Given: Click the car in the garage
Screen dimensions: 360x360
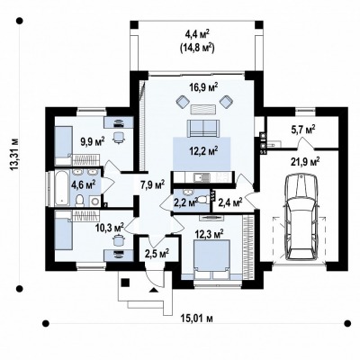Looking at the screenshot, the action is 301,218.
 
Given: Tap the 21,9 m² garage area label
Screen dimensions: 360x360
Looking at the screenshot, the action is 304,162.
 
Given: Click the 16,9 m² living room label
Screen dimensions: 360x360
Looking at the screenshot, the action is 203,87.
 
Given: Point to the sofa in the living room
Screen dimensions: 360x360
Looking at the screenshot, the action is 203,128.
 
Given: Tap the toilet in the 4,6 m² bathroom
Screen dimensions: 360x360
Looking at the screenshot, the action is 80,201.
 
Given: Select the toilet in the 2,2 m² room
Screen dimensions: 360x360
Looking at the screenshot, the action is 203,199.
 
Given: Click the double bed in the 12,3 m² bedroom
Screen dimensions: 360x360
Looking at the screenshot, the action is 212,259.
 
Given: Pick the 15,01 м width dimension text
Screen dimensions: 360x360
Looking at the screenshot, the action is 197,319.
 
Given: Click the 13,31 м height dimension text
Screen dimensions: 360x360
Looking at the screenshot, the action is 14,155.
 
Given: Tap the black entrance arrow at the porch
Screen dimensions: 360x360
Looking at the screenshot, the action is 154,290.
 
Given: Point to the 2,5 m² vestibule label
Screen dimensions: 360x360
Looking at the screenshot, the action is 157,254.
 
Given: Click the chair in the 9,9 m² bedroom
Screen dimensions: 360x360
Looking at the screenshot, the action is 119,138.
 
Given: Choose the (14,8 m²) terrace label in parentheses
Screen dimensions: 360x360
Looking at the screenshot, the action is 197,48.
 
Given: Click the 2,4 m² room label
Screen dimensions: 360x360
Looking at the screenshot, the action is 230,203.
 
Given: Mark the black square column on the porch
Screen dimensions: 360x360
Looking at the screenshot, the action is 125,283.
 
